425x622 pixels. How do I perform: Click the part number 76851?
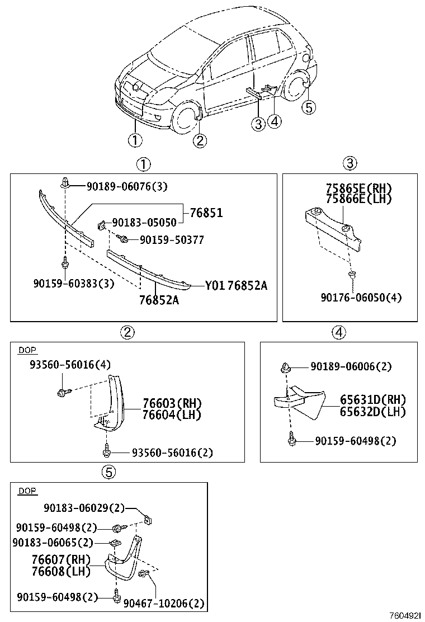pos(206,213)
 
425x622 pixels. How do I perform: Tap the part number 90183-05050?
pos(144,223)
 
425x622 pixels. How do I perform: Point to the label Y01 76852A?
pos(236,286)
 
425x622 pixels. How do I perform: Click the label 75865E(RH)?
pos(358,188)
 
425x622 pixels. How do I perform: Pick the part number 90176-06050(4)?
pos(361,298)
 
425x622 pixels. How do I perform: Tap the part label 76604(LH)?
pos(171,414)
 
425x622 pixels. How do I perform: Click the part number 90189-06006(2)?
pos(351,367)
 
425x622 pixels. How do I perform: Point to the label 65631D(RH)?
pos(372,400)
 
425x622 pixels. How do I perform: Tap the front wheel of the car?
pos(184,118)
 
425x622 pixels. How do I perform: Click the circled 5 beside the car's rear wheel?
pos(309,107)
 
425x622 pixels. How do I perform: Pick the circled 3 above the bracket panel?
pos(349,163)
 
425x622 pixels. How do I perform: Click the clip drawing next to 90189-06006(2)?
pos(286,367)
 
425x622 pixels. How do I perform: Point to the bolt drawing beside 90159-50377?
pos(124,239)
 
